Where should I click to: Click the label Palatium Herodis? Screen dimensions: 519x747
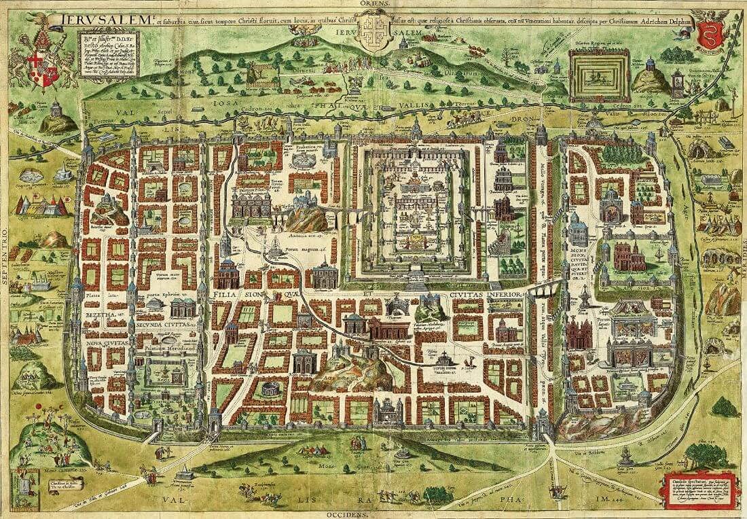click(x=170, y=348)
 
